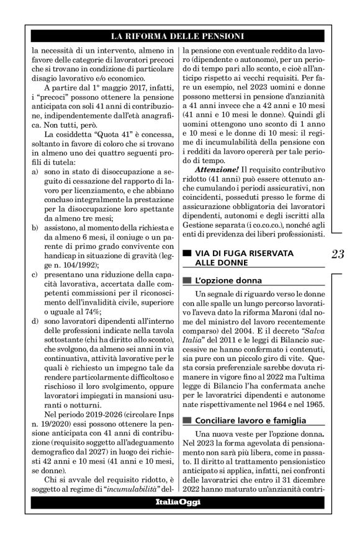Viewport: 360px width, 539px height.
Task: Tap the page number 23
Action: tap(338, 254)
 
